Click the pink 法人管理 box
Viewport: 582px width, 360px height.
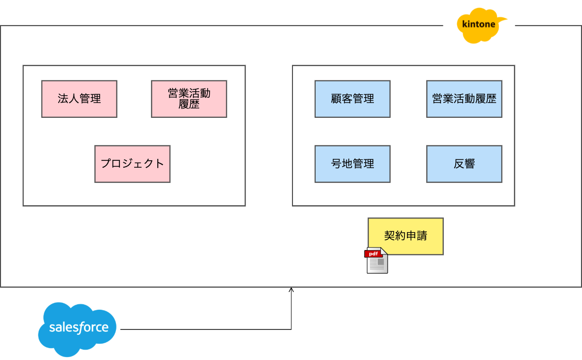[x=79, y=99]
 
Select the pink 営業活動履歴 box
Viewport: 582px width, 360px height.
[x=189, y=99]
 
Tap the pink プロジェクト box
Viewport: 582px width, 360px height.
[x=132, y=164]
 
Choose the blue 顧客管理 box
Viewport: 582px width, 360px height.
[x=352, y=99]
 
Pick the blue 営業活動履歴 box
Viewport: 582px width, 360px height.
[x=464, y=99]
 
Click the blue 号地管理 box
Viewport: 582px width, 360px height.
[x=352, y=164]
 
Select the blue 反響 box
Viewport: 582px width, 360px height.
[x=464, y=164]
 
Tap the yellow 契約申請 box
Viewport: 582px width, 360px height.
[x=405, y=236]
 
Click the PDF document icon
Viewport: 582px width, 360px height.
[x=377, y=261]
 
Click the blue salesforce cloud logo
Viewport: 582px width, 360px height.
[x=78, y=329]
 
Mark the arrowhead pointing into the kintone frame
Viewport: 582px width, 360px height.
[x=291, y=290]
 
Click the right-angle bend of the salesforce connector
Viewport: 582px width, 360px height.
[x=291, y=329]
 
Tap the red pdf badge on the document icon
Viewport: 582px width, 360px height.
[x=373, y=254]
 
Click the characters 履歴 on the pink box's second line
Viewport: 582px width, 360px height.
[x=189, y=104]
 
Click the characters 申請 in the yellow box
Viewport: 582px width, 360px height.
[x=416, y=236]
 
